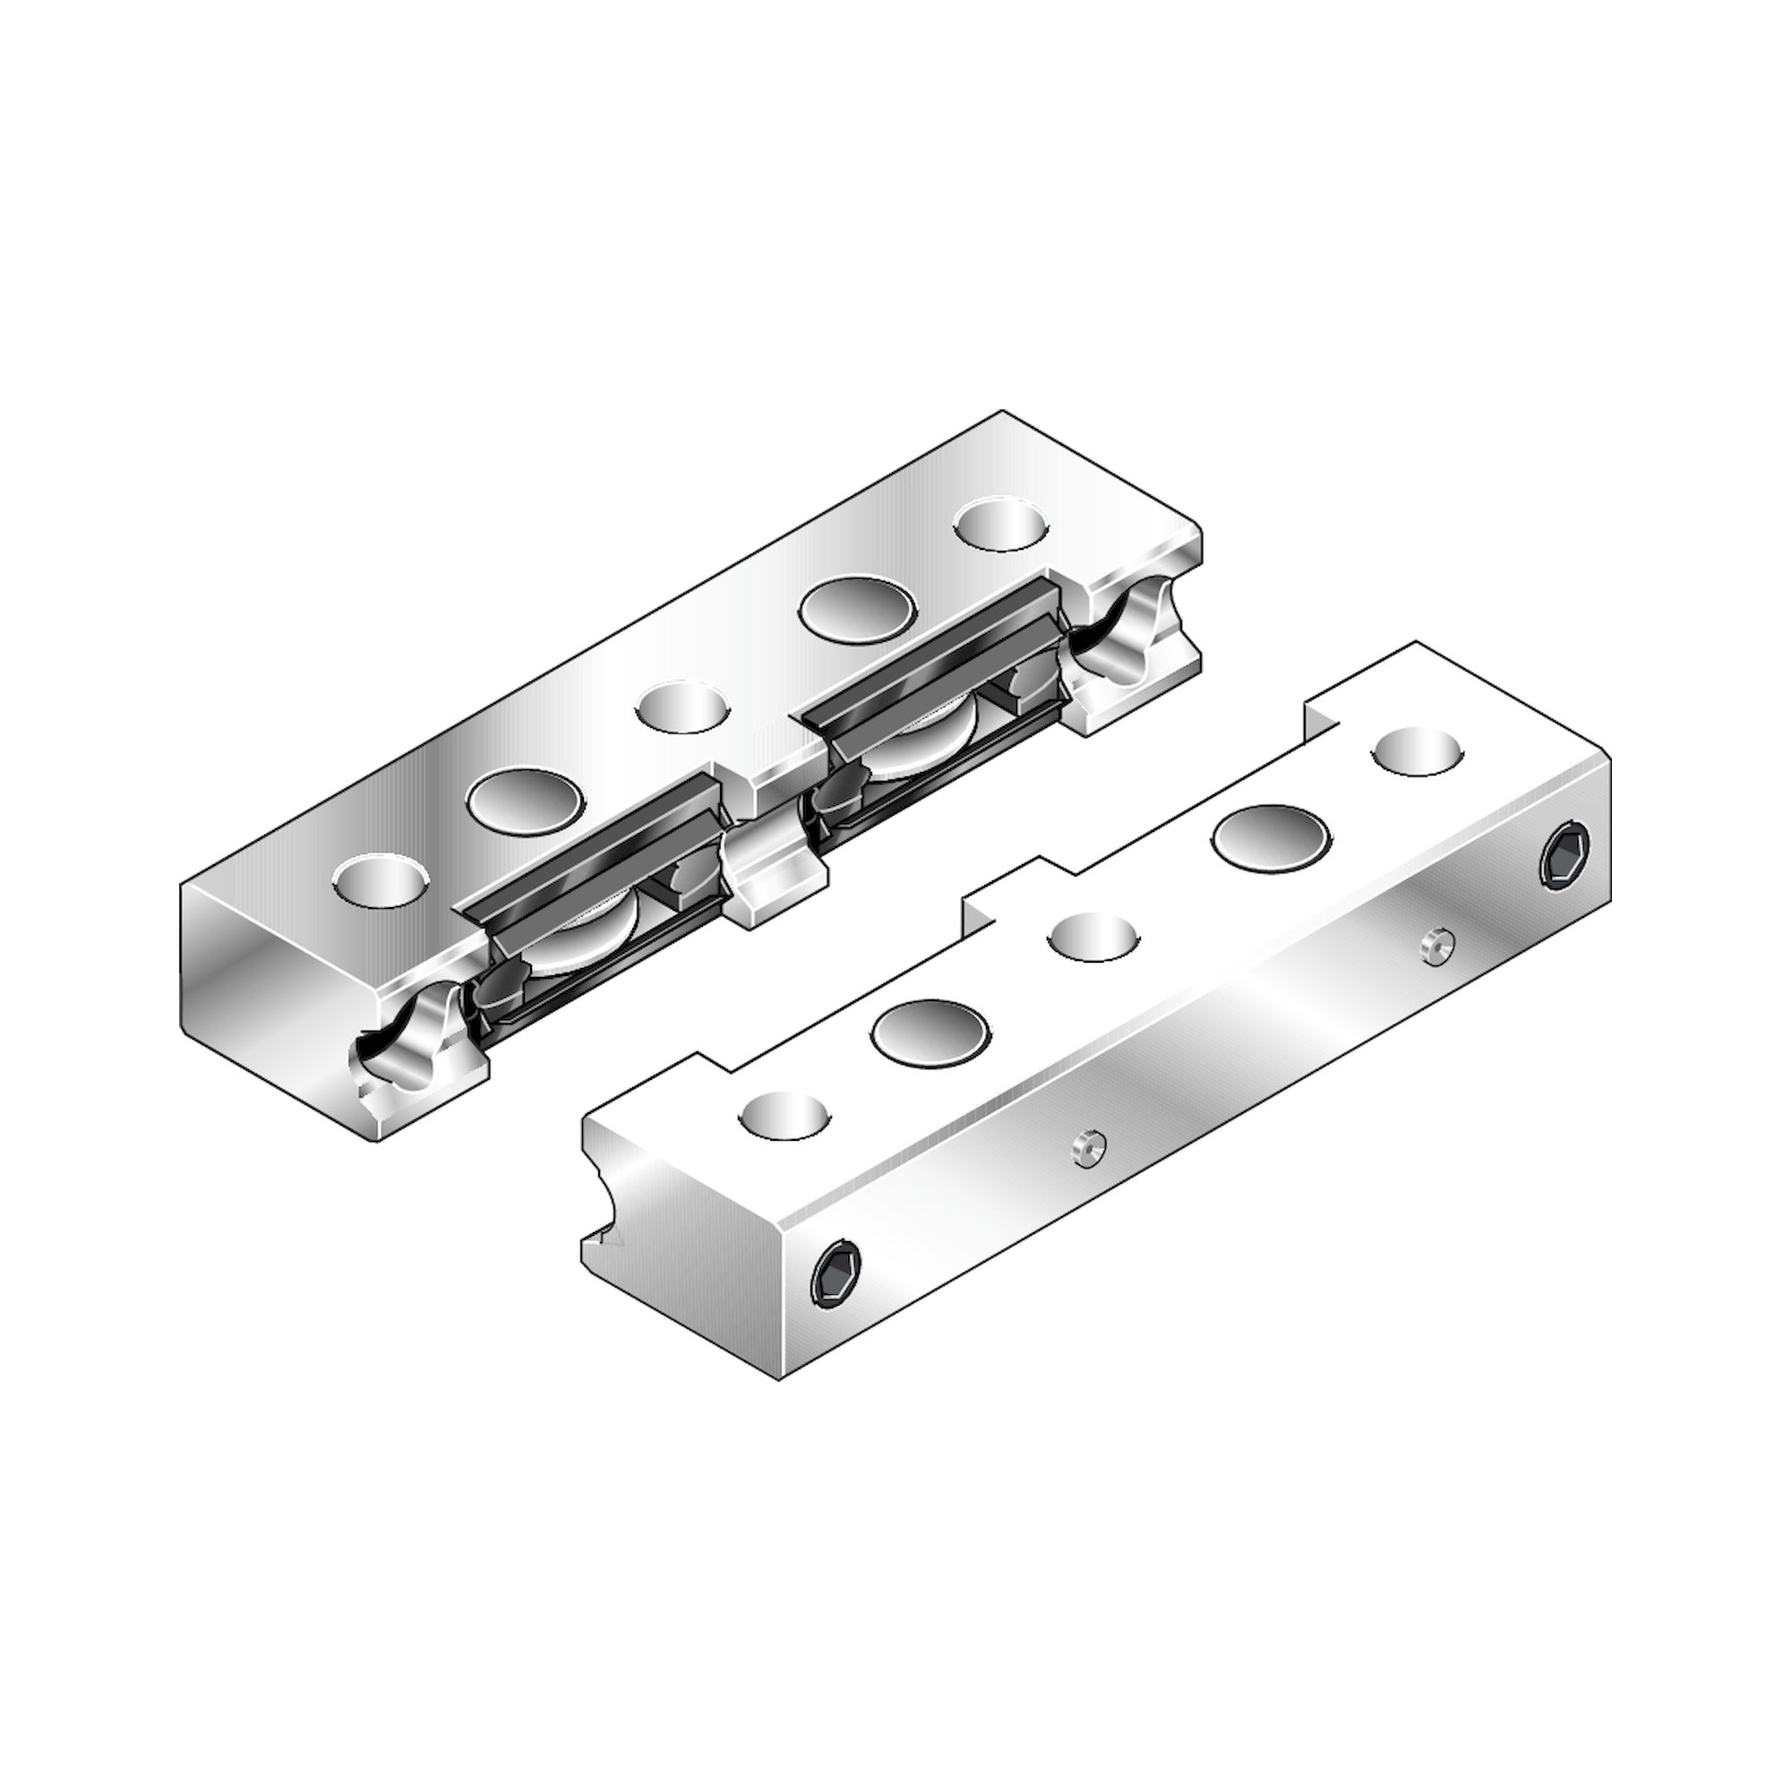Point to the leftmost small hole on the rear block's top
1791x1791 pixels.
(381, 879)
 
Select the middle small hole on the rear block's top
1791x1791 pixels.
(681, 708)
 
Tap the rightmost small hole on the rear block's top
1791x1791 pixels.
(1001, 525)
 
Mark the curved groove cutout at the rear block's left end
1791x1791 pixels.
(407, 1038)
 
